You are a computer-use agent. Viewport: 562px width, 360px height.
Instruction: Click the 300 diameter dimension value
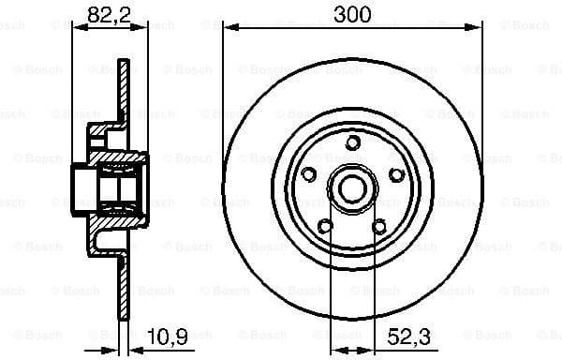(352, 13)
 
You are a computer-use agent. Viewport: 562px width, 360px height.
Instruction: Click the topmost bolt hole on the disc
(352, 142)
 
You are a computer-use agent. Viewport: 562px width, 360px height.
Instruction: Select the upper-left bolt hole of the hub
(308, 174)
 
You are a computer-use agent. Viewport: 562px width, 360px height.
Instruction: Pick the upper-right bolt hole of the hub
(396, 174)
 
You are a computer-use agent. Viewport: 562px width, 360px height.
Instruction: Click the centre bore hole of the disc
(352, 188)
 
